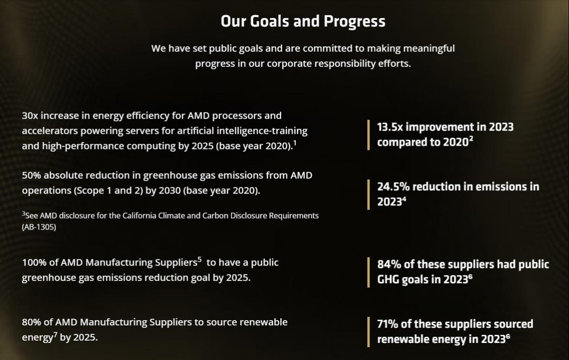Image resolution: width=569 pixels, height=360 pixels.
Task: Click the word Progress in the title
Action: point(354,21)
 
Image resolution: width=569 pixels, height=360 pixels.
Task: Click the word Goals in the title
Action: point(269,21)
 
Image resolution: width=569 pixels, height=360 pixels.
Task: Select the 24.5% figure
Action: point(393,187)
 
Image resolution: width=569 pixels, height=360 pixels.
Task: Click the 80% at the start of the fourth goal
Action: point(31,322)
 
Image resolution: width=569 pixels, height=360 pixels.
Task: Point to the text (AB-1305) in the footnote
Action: point(39,227)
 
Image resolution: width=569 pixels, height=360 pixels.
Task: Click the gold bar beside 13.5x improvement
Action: point(368,135)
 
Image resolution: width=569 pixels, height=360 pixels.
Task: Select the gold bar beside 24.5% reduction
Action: point(368,194)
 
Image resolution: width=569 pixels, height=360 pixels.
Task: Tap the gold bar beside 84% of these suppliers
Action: point(368,272)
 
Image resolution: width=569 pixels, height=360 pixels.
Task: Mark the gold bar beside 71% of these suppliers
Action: point(368,332)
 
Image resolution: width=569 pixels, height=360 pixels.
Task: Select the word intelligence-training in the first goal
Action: point(262,131)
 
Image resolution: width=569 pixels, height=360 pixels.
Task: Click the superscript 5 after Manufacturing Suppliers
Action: point(200,259)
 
